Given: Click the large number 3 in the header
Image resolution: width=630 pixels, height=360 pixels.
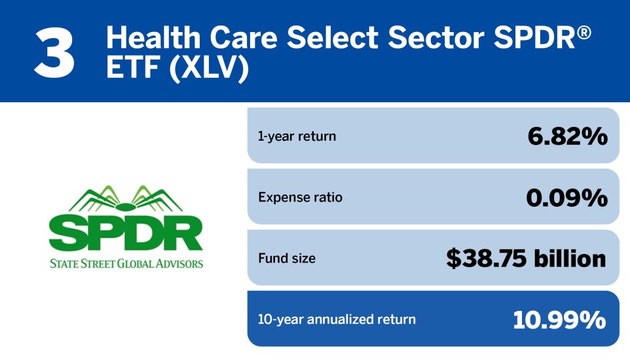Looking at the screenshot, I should pos(55,51).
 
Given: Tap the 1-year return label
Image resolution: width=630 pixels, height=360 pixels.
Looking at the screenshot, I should pos(297,136).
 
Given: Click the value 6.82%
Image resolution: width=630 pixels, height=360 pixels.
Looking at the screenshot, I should pos(567,136).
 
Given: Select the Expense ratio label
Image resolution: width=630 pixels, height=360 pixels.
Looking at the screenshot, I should pos(300,197).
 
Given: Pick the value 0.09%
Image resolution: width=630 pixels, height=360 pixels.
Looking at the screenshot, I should pos(566,197).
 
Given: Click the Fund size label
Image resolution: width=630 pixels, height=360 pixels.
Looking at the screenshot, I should pos(286,258).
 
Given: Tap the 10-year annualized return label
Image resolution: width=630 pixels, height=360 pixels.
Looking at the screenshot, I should pos(337,319).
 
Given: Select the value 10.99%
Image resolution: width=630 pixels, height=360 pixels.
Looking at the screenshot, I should pos(559,319).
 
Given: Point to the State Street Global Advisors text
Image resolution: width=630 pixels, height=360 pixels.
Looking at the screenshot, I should pos(126,264).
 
